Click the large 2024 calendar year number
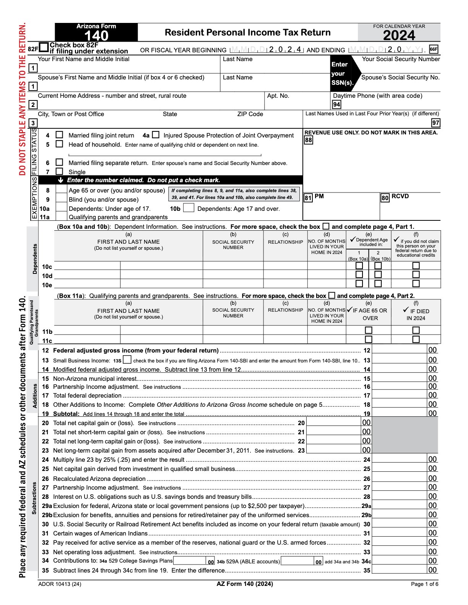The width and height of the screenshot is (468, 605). (x=399, y=36)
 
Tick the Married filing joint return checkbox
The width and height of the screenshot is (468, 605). (x=59, y=135)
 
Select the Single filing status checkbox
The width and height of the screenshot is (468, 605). (x=59, y=171)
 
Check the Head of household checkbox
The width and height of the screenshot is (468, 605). (x=59, y=144)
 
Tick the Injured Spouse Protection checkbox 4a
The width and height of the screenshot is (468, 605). (x=156, y=135)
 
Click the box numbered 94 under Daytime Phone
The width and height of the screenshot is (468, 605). (x=336, y=105)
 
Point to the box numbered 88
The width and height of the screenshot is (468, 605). (x=309, y=140)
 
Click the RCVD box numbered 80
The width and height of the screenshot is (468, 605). (x=385, y=198)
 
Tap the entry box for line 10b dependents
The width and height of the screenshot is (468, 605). (x=188, y=208)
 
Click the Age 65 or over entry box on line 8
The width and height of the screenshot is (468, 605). (x=61, y=190)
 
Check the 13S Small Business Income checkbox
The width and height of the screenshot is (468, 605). (x=127, y=360)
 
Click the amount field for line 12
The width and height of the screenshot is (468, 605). (x=400, y=350)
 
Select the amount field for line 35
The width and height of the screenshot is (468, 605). (x=400, y=570)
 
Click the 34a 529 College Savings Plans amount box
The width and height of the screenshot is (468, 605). (x=190, y=561)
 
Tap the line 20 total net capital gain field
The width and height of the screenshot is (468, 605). (x=334, y=422)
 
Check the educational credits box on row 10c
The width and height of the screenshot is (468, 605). (x=416, y=265)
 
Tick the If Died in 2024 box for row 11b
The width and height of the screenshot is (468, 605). (x=416, y=330)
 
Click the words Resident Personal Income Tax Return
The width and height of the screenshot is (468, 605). (x=247, y=32)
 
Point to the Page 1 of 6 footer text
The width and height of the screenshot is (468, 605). (x=424, y=584)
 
